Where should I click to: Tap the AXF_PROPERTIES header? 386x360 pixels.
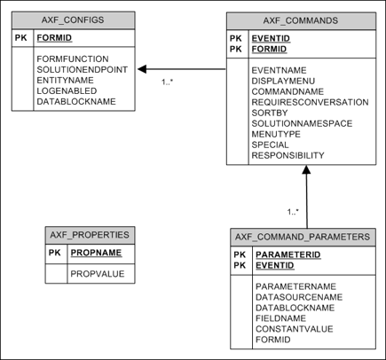[90, 235]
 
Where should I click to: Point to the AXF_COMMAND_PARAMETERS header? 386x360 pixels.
[303, 237]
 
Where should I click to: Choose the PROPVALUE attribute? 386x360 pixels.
[97, 273]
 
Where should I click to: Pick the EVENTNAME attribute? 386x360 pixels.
[280, 68]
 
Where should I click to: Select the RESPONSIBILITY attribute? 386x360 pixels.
[288, 155]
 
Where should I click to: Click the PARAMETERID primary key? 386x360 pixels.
[288, 254]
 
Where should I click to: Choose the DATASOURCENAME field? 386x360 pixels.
[298, 297]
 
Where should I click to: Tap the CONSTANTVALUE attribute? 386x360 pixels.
[294, 329]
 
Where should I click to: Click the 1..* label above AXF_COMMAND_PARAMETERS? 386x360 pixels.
[293, 212]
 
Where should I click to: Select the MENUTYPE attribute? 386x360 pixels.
[277, 134]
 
